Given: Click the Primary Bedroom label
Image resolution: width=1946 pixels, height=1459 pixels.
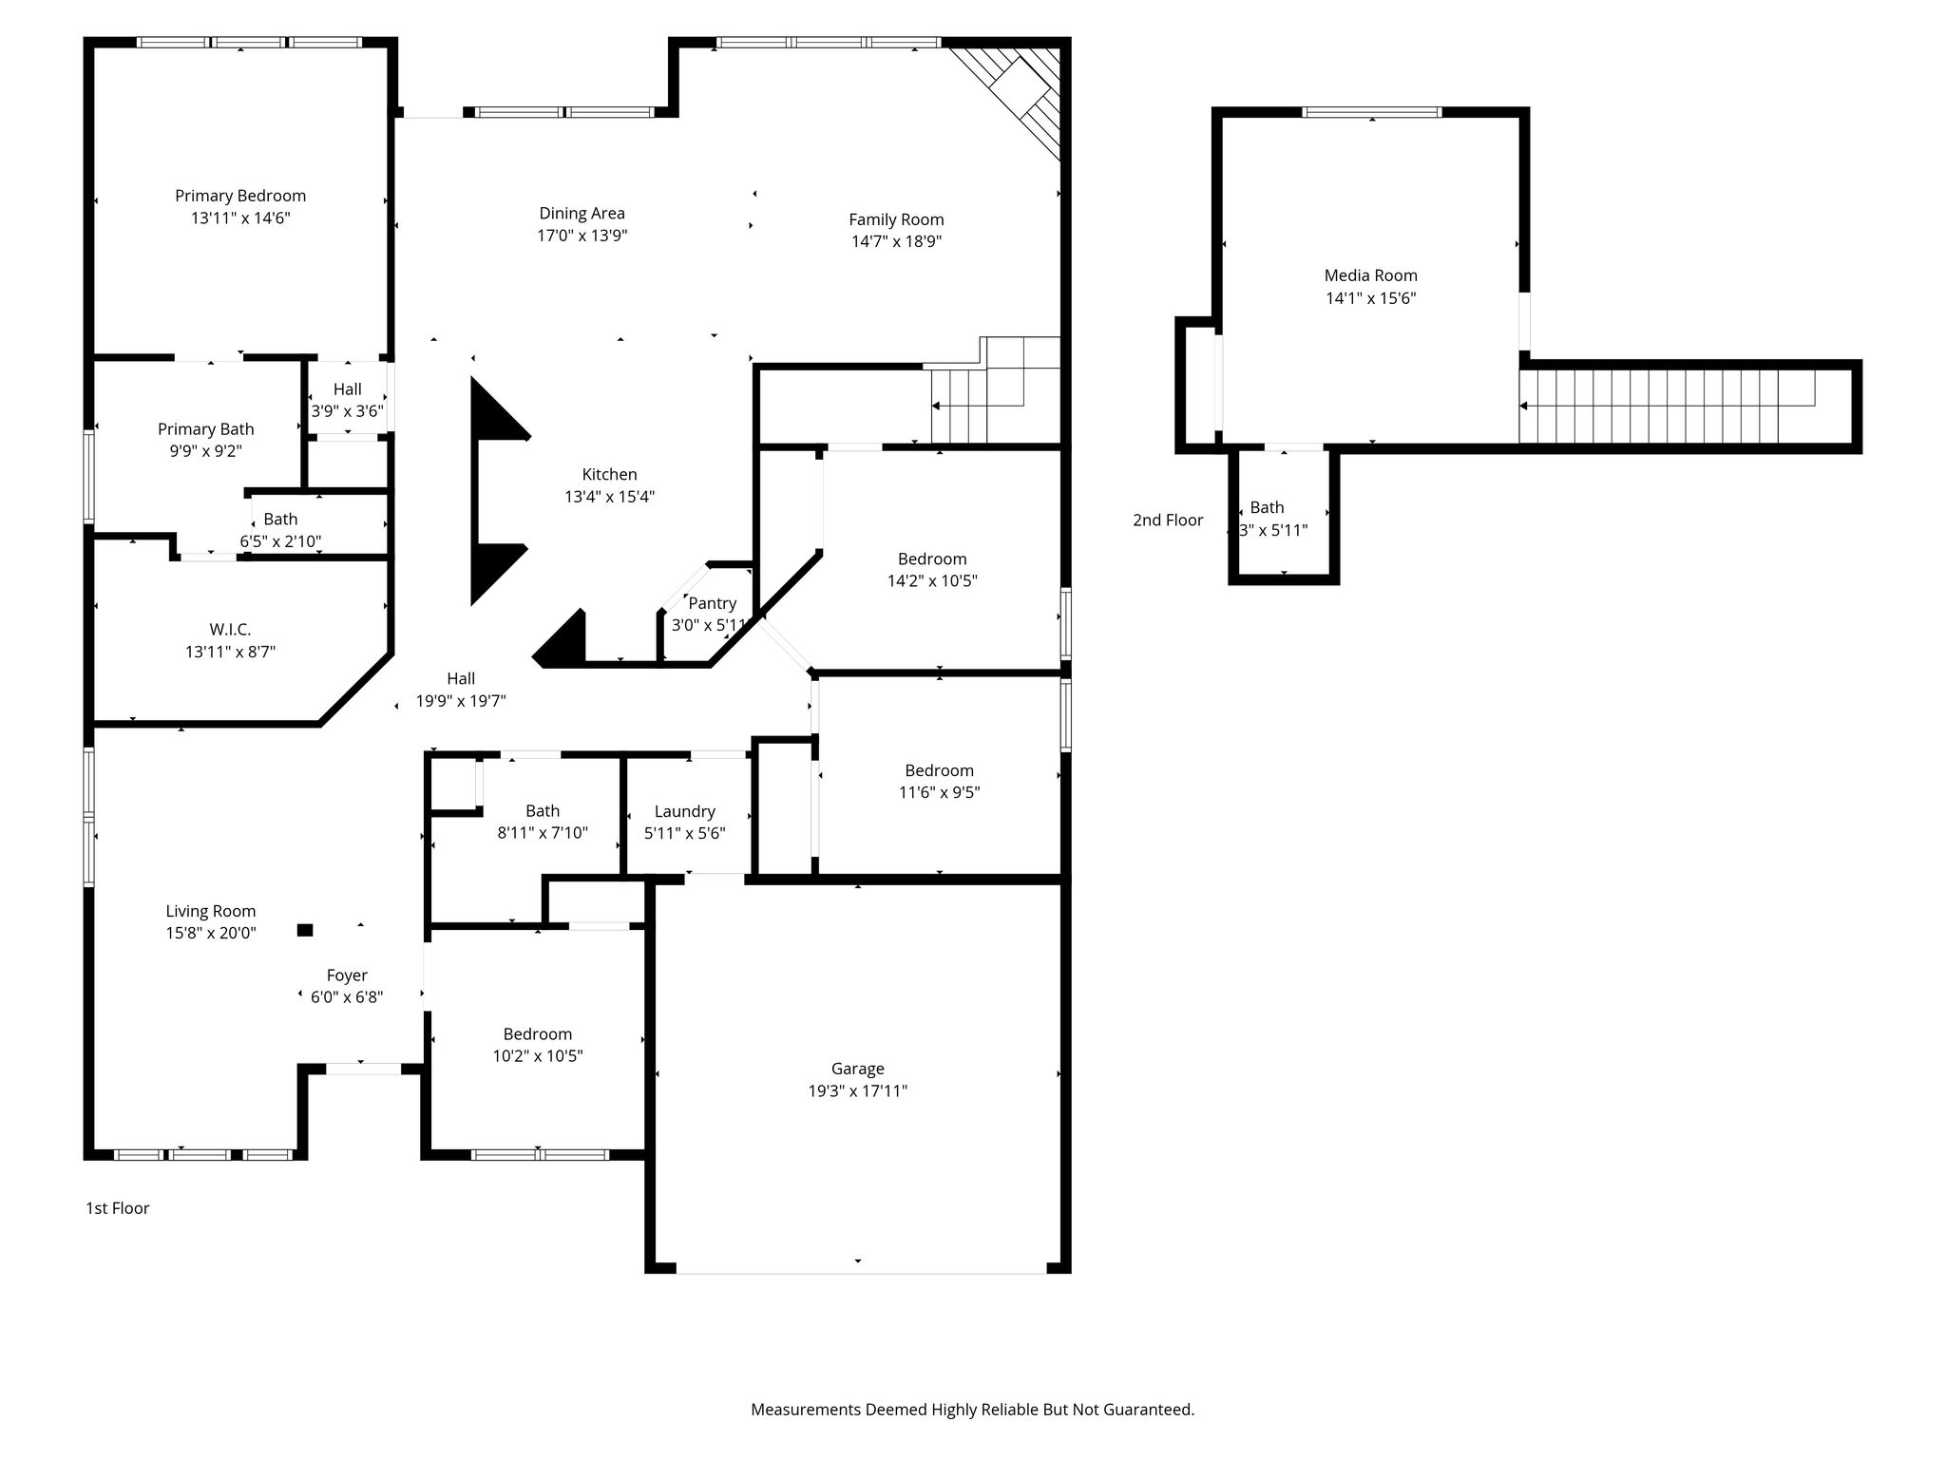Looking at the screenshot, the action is pyautogui.click(x=240, y=196).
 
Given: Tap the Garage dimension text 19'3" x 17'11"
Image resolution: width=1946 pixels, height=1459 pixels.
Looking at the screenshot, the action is pyautogui.click(x=858, y=1091).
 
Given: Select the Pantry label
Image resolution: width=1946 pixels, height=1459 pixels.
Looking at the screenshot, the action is pyautogui.click(x=713, y=603).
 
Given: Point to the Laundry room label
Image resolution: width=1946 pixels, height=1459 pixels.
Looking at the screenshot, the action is pyautogui.click(x=684, y=811).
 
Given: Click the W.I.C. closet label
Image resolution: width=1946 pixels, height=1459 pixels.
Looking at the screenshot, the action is pyautogui.click(x=230, y=630).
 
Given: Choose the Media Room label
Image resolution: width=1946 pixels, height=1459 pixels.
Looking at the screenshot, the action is pyautogui.click(x=1371, y=275).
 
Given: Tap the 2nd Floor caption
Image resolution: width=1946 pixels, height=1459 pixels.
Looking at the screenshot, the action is pyautogui.click(x=1168, y=521).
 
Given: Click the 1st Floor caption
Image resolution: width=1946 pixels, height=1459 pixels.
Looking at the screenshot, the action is pyautogui.click(x=118, y=1208).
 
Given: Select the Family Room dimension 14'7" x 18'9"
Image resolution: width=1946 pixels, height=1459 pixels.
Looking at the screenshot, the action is pyautogui.click(x=896, y=241).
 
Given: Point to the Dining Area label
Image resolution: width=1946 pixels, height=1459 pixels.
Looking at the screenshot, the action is pyautogui.click(x=582, y=214).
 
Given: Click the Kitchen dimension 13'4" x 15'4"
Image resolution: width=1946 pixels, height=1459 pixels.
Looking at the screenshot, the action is pyautogui.click(x=610, y=497).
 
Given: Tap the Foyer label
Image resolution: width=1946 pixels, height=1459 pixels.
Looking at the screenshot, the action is pyautogui.click(x=347, y=976).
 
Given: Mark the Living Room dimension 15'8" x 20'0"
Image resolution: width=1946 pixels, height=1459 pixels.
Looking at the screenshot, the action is pyautogui.click(x=211, y=934).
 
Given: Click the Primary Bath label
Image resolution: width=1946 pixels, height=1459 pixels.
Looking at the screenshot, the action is pyautogui.click(x=206, y=429).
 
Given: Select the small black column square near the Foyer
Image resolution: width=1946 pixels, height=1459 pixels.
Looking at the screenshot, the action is pyautogui.click(x=305, y=930).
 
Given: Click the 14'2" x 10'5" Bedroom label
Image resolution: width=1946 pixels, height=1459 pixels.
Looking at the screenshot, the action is pyautogui.click(x=932, y=559).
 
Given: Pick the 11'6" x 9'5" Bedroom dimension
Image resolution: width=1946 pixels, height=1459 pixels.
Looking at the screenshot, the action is pyautogui.click(x=940, y=792).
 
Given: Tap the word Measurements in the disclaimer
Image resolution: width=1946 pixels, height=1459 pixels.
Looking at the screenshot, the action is pyautogui.click(x=806, y=1410).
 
